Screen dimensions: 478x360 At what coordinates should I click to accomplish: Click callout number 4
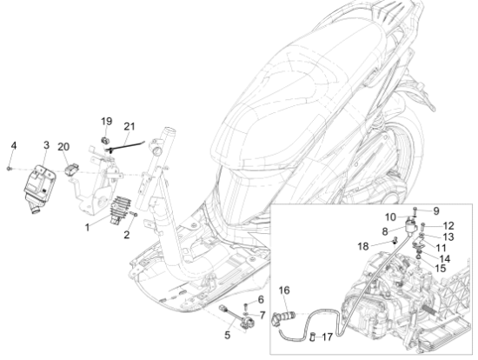[x=14, y=146]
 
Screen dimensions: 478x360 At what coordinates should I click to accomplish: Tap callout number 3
[x=46, y=145]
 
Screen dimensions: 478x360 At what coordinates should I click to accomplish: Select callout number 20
[x=63, y=147]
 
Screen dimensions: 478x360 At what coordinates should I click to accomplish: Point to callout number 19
[x=106, y=122]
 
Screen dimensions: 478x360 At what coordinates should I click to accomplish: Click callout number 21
[x=129, y=126]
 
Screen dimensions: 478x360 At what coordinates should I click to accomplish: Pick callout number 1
[x=87, y=227]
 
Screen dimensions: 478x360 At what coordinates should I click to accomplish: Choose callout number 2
[x=127, y=235]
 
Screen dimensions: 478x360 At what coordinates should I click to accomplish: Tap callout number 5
[x=228, y=336]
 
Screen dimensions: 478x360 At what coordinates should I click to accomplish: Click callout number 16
[x=284, y=290]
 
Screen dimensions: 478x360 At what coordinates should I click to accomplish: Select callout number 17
[x=327, y=337]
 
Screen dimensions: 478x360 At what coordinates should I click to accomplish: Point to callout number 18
[x=363, y=246]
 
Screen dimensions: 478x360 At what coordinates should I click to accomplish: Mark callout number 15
[x=441, y=269]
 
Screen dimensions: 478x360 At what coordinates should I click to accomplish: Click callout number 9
[x=436, y=210]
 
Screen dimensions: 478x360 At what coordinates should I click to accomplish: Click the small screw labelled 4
[x=10, y=169]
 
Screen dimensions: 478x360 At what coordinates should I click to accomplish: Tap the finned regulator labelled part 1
[x=120, y=210]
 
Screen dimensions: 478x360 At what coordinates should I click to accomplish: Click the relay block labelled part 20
[x=72, y=170]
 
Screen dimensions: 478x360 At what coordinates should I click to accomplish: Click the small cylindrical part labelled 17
[x=312, y=337]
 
